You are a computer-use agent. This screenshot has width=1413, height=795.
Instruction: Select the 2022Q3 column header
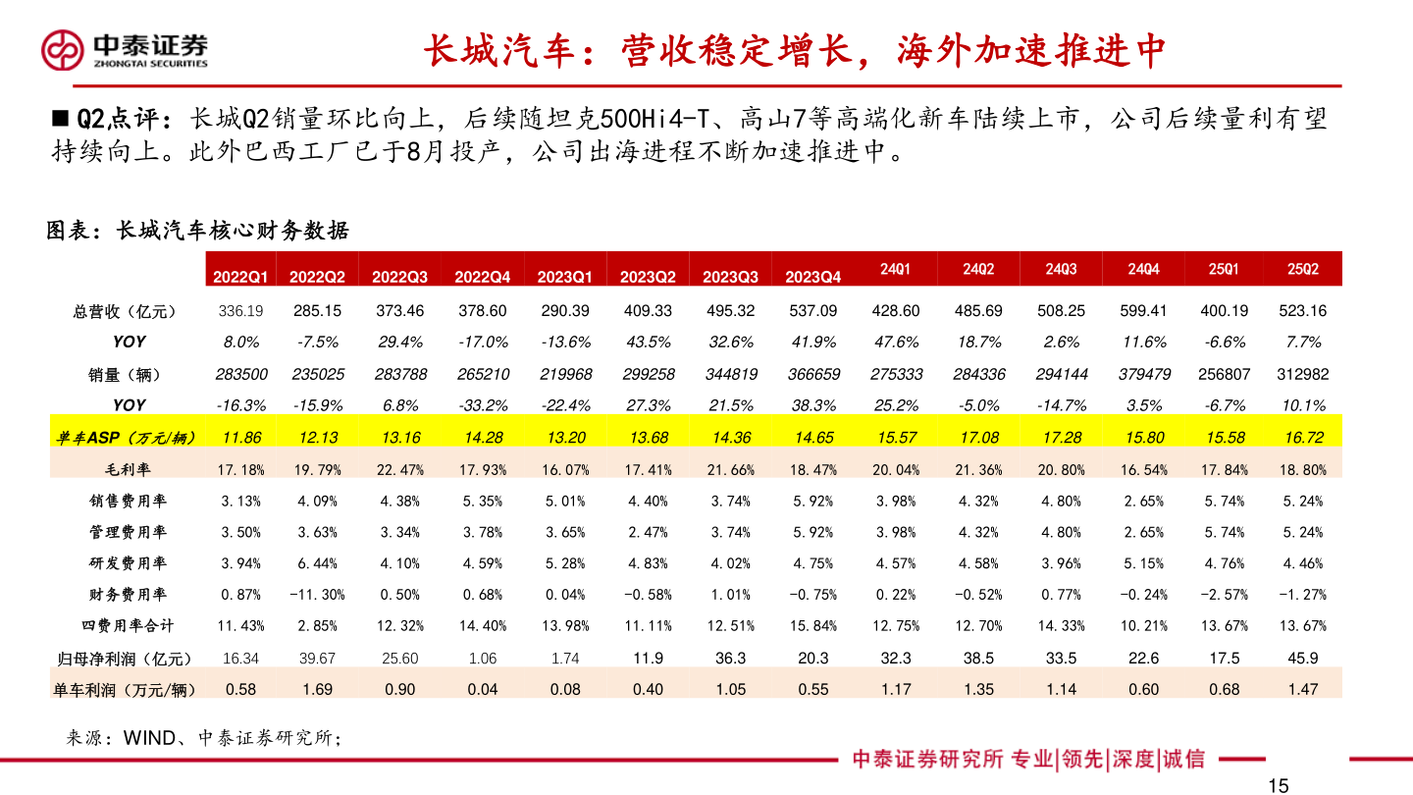399,277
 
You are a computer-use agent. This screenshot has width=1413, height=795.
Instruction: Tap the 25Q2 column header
1302,269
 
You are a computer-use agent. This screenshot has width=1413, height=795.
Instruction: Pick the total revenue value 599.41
1143,311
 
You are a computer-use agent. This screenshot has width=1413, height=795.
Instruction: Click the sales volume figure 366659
814,374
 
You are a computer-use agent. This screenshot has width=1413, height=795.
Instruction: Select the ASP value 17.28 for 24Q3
1061,438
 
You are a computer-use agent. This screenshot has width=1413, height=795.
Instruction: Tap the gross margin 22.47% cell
399,469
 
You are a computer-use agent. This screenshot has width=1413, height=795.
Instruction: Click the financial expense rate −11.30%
317,595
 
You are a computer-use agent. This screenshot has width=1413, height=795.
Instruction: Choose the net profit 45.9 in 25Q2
1302,659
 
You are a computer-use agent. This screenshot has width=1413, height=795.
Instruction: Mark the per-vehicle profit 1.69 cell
317,690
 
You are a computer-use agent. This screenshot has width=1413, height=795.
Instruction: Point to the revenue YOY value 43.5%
648,343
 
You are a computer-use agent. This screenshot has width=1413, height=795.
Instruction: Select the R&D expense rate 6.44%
317,563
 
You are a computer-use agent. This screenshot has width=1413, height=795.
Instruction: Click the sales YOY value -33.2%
482,405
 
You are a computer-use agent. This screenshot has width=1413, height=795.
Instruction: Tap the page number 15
1278,784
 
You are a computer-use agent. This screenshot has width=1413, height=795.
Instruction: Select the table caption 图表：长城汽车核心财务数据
197,231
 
